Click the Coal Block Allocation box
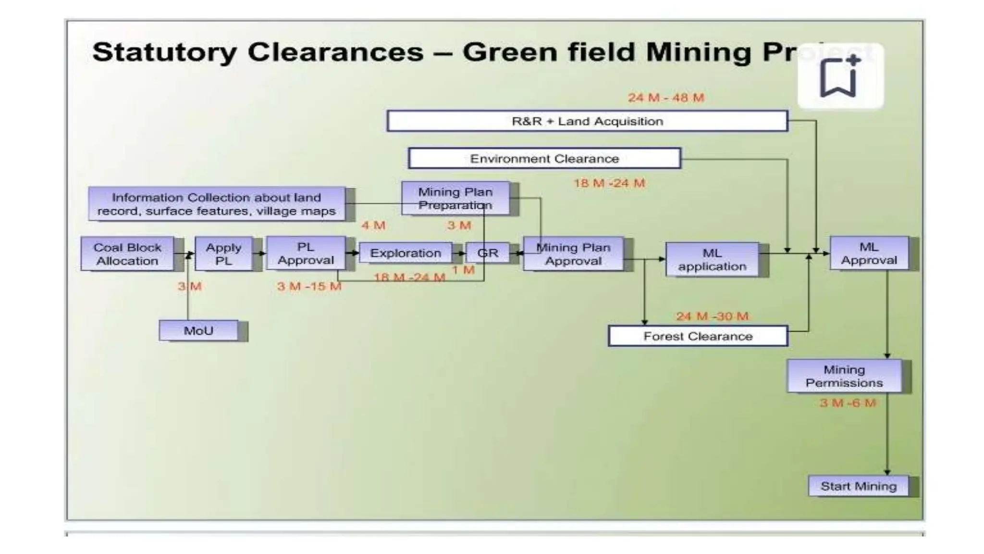[x=127, y=254]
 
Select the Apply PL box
[x=223, y=254]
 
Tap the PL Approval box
[x=306, y=253]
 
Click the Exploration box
[x=405, y=253]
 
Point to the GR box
[x=488, y=253]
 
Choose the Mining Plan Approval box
[x=573, y=254]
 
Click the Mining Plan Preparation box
[x=455, y=198]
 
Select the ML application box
[x=712, y=260]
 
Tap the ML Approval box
[x=869, y=253]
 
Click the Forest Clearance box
[x=698, y=336]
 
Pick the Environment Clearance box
[x=544, y=159]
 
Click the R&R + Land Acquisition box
[x=587, y=121]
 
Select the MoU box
[x=198, y=331]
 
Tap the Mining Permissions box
[x=844, y=376]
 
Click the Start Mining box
[x=859, y=486]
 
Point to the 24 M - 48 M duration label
[x=666, y=98]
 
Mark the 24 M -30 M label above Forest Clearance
[x=712, y=316]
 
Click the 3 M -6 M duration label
[x=848, y=403]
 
